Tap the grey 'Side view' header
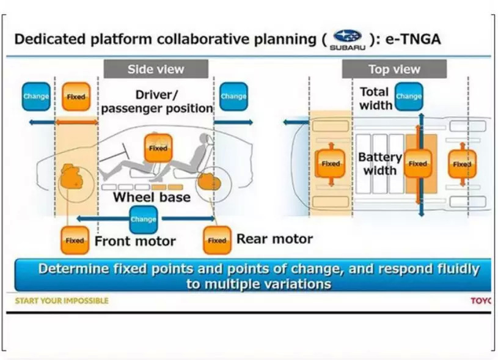coord(156,69)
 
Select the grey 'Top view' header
coord(394,69)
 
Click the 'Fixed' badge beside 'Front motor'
coord(75,240)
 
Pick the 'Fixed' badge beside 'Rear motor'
coord(217,240)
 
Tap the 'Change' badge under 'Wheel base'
coord(143,219)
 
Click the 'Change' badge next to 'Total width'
coord(409,96)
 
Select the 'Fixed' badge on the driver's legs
coord(158,148)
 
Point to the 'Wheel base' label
coord(152,197)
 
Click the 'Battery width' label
coord(379,163)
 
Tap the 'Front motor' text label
coord(135,241)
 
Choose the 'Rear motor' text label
coord(274,238)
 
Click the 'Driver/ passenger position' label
coord(157,101)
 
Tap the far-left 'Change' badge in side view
coord(36,96)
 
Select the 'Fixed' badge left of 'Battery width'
coord(331,164)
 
